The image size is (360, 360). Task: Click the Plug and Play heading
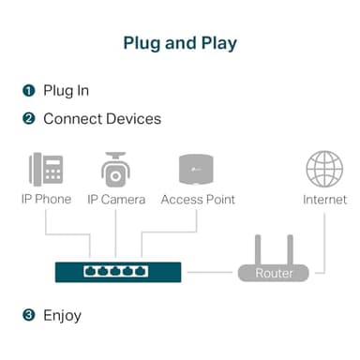[180, 43]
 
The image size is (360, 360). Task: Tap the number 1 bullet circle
[28, 91]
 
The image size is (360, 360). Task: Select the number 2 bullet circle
[28, 119]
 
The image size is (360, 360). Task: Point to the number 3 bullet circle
[28, 315]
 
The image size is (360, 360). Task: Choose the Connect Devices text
[102, 119]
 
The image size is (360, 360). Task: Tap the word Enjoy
[63, 315]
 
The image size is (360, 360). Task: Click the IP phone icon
[45, 170]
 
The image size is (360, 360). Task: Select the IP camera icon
[113, 169]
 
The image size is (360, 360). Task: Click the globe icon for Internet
[324, 169]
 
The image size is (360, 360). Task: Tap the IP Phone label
[46, 200]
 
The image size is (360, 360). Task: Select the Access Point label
[198, 200]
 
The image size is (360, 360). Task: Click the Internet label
[324, 200]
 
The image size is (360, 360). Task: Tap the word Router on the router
[273, 274]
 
